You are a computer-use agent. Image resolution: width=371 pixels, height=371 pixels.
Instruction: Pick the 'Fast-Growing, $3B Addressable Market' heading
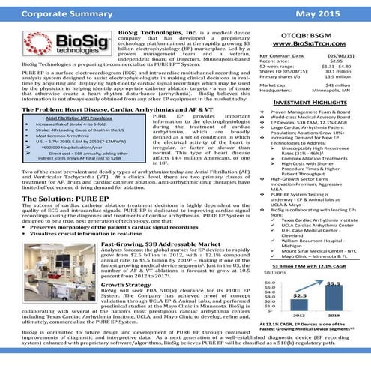click(x=159, y=245)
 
